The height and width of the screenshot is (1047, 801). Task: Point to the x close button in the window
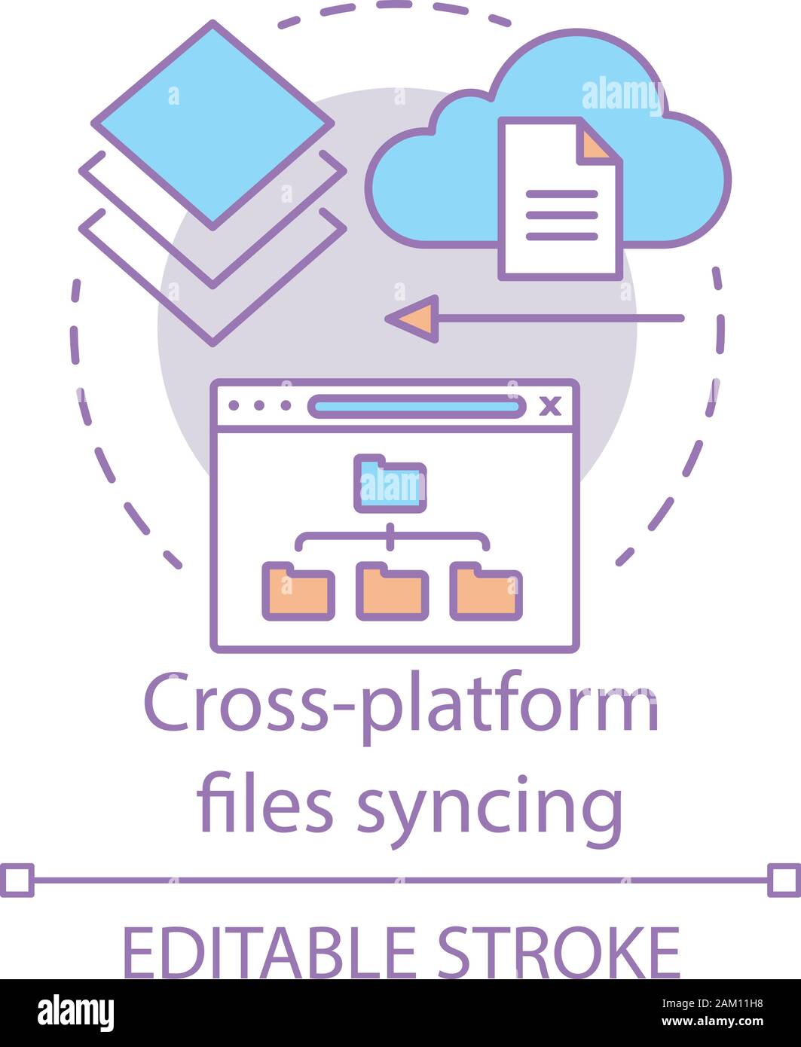coord(552,407)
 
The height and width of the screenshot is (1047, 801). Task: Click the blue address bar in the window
coord(417,407)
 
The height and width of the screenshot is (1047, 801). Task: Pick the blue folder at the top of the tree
coord(390,484)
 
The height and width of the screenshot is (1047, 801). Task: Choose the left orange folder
coord(298,592)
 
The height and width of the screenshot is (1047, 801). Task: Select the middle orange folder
coord(392,592)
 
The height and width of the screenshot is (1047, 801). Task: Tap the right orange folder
coord(486,592)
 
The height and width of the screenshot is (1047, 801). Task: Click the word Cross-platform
coord(401,708)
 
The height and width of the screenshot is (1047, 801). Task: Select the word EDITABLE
coord(268,952)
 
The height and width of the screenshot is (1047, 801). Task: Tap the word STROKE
coord(558,952)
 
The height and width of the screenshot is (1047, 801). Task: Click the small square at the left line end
coord(18,880)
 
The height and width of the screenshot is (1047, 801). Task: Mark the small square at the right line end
coord(783,880)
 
